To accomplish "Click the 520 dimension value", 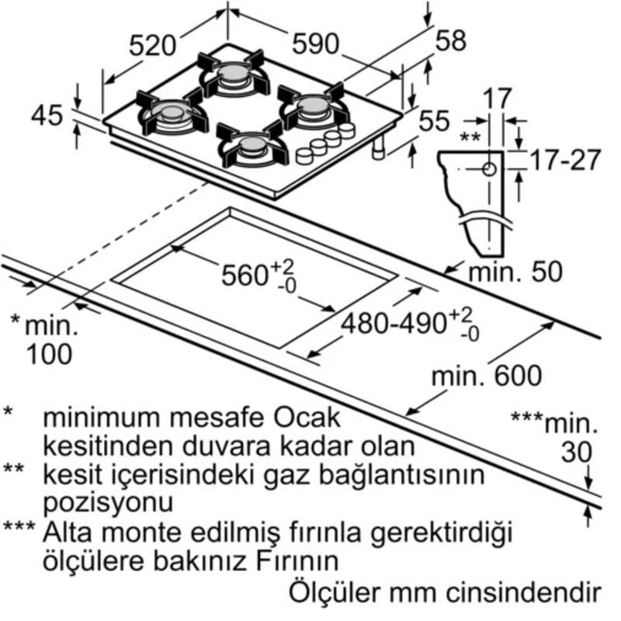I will (152, 45).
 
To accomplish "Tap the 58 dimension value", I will (451, 40).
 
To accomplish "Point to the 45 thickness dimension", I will (47, 116).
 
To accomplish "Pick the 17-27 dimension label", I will (565, 161).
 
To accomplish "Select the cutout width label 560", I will (247, 275).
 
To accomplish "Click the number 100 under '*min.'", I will (50, 353).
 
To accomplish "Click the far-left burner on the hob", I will (172, 114).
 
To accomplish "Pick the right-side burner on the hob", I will (312, 106).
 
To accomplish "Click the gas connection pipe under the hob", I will (378, 148).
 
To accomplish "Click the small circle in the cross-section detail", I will (489, 168).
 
